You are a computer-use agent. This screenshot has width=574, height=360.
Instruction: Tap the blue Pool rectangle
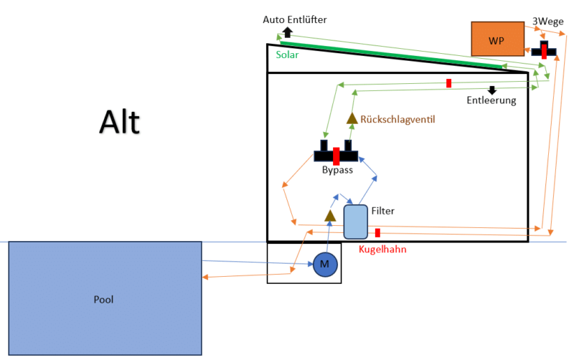click(x=105, y=298)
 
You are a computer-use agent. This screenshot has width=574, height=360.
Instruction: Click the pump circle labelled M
click(x=324, y=265)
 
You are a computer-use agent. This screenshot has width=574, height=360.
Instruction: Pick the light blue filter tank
click(x=355, y=222)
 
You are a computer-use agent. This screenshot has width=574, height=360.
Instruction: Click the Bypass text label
click(x=337, y=170)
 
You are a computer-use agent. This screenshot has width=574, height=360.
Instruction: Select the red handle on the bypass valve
click(x=336, y=155)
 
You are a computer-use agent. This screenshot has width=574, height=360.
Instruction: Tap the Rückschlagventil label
click(x=398, y=119)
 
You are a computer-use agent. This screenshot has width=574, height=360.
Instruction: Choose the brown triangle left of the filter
click(x=329, y=215)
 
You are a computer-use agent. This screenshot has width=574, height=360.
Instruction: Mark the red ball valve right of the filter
click(x=377, y=232)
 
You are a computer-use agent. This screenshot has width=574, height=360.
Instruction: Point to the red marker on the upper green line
click(x=448, y=83)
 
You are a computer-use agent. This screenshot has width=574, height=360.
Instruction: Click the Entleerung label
click(x=491, y=100)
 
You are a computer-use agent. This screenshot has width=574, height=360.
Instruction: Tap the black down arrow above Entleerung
click(x=492, y=90)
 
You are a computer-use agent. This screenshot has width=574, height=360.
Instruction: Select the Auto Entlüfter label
click(x=294, y=19)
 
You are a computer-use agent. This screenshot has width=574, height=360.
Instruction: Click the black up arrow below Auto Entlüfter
click(x=288, y=32)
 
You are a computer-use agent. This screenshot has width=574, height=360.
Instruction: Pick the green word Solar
click(x=287, y=54)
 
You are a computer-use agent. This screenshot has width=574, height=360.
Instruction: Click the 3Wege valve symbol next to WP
click(x=544, y=50)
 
